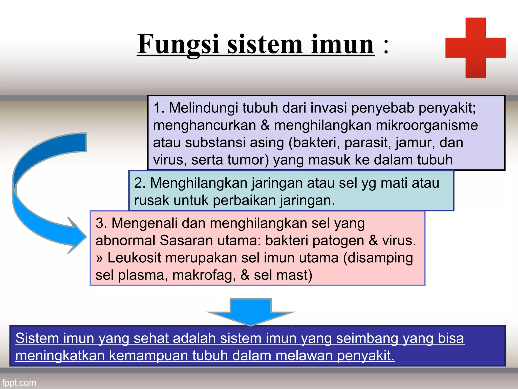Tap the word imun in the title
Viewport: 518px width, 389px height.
[342, 44]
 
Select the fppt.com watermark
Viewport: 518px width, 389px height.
[19, 382]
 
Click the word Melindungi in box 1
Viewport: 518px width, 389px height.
[203, 108]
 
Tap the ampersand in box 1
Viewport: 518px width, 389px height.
[265, 125]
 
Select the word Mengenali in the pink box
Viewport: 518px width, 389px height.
[144, 223]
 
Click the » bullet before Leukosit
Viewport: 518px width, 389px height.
[99, 258]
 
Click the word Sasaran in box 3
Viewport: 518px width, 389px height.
[186, 241]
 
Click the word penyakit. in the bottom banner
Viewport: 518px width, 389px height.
[366, 356]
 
